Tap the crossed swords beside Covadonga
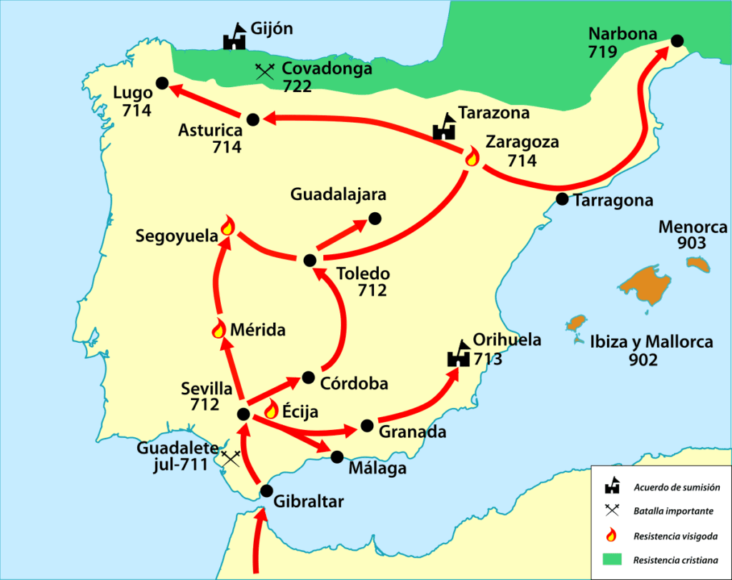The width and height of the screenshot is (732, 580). coord(265,70)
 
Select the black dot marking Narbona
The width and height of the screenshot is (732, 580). coord(676,41)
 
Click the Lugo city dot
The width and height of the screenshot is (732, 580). coord(162,83)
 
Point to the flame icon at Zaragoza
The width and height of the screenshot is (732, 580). coord(472,157)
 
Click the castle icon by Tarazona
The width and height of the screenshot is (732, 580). coord(444,126)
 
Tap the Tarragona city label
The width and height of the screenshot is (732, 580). coord(613,201)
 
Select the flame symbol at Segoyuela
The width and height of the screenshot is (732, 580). coord(227,226)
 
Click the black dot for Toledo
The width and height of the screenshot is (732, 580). coord(309,261)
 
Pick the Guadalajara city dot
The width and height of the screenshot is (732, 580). coord(375,218)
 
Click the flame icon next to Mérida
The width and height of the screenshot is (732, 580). coord(219,329)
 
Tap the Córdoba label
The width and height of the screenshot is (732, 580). coord(354,384)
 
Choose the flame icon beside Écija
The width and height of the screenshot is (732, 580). coord(272,409)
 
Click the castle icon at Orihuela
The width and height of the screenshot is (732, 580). coord(458,354)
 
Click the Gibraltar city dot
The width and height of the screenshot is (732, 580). coord(267,491)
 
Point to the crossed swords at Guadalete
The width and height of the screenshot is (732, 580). coord(230,459)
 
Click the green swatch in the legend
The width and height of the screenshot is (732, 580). coord(611,559)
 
